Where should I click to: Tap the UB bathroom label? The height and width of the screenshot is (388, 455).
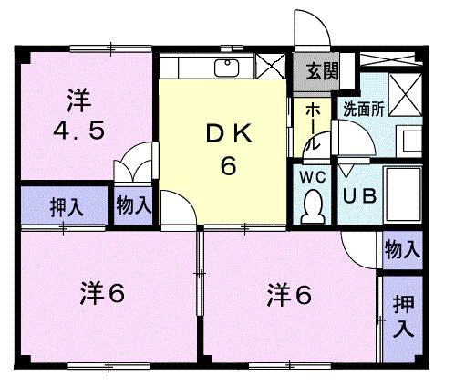pos(359,194)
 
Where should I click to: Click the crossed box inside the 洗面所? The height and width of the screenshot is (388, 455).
pos(402,92)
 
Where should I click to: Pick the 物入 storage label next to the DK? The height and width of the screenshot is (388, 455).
pos(133,204)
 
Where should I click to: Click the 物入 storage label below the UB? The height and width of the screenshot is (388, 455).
pos(401,248)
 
